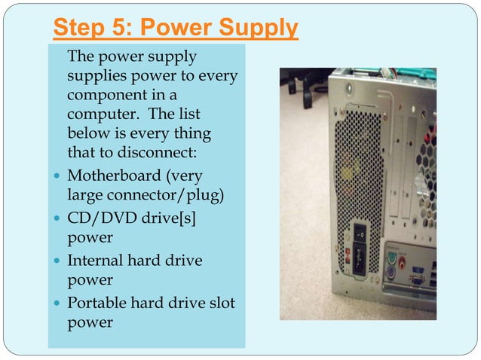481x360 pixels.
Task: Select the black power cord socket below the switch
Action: (x=361, y=262)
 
